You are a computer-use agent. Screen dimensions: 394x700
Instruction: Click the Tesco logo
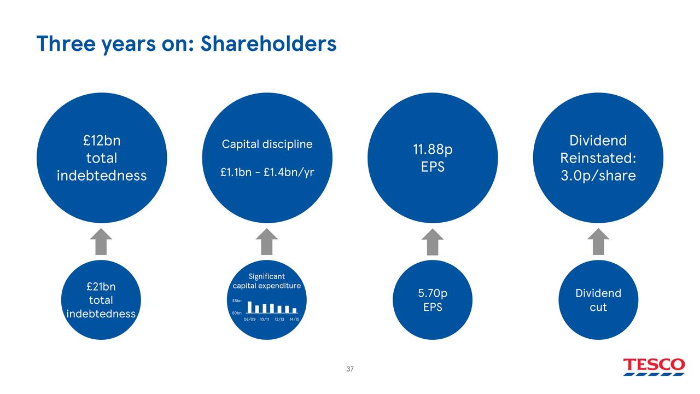point(654,366)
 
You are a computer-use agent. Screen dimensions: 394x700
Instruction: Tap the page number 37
point(350,369)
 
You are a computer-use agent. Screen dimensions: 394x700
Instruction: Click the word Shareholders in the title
point(268,43)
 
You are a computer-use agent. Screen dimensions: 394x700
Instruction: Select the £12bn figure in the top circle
point(102,141)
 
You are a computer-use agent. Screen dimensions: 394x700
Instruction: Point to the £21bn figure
point(101,286)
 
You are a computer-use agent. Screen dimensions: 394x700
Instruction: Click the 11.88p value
point(433,149)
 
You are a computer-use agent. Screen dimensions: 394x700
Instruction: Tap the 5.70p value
point(433,293)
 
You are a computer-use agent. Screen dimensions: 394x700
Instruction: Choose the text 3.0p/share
point(598,176)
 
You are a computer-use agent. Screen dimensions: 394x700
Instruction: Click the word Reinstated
point(598,158)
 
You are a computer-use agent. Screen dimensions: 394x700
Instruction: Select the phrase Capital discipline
point(267,144)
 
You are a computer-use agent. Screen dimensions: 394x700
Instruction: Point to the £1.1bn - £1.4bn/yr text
point(267,172)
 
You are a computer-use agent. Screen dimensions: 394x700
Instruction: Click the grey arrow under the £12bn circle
point(101,241)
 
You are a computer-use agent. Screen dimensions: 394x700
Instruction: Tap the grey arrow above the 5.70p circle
point(433,241)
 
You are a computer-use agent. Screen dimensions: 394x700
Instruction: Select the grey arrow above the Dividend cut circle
point(598,241)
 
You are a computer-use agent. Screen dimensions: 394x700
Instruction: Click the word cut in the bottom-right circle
point(598,308)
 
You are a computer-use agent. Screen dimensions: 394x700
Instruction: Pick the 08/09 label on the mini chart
point(249,320)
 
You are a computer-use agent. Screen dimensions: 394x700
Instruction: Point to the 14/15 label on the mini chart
point(294,320)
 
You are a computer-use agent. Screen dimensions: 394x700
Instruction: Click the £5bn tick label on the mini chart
point(237,301)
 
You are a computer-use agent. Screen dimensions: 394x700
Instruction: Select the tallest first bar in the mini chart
point(250,307)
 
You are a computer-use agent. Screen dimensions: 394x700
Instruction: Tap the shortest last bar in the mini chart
point(294,310)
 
